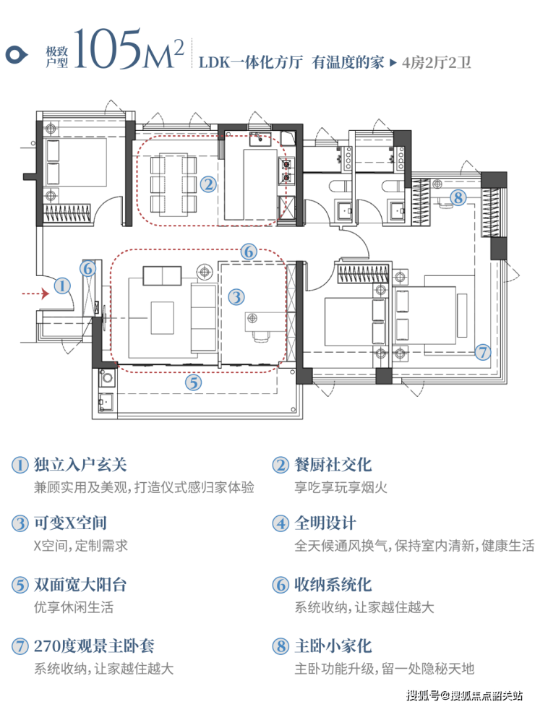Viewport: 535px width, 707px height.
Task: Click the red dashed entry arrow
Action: [35, 294]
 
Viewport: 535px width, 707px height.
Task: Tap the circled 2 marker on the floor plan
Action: [208, 184]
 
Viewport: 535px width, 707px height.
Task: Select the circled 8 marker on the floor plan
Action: [458, 197]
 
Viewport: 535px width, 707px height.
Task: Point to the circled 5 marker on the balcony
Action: [194, 382]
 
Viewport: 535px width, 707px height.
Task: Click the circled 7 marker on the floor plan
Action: [483, 352]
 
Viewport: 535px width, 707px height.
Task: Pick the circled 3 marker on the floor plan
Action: [236, 296]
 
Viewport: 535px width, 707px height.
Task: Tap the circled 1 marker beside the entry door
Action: [62, 286]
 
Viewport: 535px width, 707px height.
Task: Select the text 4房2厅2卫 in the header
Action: [436, 62]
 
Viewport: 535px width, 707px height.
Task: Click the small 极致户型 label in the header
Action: [57, 57]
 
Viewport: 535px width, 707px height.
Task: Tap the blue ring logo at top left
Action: [17, 56]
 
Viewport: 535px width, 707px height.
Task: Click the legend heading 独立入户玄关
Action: [80, 464]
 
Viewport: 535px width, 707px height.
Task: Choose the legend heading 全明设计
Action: [325, 523]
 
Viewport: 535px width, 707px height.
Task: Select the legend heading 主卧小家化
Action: [333, 646]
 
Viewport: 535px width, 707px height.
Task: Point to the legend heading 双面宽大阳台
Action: [80, 584]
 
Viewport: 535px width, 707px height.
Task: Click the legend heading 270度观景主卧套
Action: [94, 646]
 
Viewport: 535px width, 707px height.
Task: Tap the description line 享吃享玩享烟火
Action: [341, 487]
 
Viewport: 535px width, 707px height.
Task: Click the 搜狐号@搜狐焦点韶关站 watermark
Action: [465, 695]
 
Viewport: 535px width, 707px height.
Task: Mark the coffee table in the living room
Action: [162, 318]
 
